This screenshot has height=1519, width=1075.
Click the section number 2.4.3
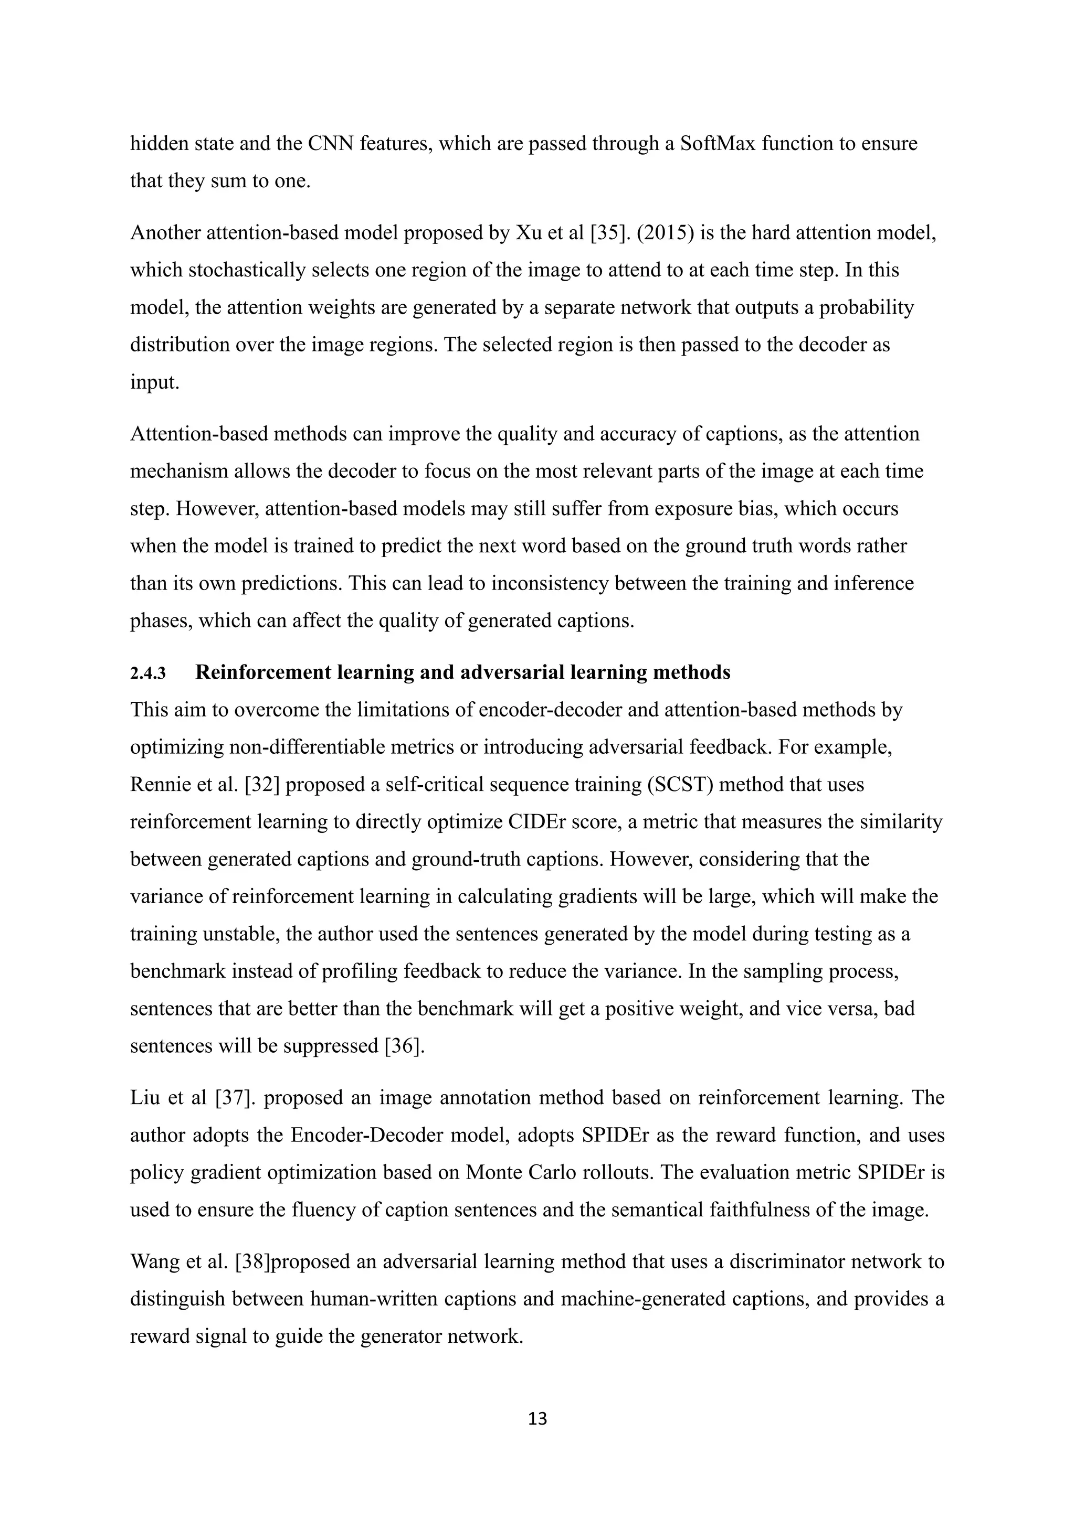pos(147,673)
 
